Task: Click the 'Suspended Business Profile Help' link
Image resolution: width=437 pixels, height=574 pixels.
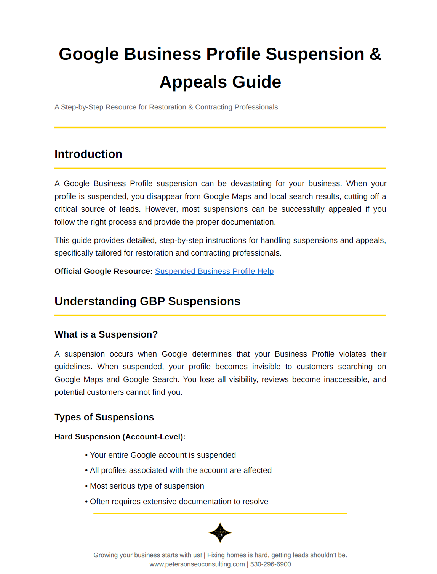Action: point(214,271)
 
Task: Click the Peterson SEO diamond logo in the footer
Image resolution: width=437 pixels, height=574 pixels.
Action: point(220,533)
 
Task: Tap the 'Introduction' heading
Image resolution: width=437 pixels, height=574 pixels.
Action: point(88,154)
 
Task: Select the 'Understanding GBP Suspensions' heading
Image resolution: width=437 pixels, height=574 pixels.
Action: point(147,301)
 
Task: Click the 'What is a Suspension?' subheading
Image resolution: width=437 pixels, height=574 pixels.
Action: point(106,334)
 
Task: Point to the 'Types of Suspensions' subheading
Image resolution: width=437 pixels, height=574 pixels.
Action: point(104,417)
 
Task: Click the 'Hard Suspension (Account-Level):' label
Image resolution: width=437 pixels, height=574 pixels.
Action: point(120,437)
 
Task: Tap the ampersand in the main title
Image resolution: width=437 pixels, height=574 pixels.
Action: point(375,54)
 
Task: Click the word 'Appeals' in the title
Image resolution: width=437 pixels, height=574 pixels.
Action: point(193,82)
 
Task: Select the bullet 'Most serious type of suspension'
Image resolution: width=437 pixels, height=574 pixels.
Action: point(147,486)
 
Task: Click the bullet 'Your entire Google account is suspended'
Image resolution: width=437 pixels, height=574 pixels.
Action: point(163,455)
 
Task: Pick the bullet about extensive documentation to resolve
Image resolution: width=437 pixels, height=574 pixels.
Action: point(179,502)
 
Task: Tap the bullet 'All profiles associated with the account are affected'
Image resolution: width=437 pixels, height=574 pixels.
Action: point(181,470)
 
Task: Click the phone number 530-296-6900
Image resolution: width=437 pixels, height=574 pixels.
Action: point(271,564)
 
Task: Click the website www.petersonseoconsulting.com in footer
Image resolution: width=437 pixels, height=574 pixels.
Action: point(197,564)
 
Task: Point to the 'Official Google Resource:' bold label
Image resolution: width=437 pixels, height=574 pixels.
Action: point(103,271)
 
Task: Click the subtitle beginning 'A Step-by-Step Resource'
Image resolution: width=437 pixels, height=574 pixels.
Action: point(166,107)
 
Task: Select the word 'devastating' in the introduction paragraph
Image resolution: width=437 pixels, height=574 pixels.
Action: point(251,183)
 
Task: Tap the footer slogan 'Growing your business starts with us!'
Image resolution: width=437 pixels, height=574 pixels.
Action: point(147,555)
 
